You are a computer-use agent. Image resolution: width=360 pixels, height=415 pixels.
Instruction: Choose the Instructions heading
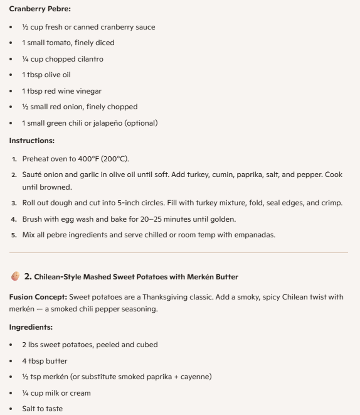click(x=31, y=141)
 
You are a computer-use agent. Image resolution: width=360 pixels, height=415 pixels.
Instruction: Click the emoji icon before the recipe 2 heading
click(x=15, y=276)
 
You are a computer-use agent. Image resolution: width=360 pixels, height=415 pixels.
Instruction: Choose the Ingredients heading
click(x=29, y=327)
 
